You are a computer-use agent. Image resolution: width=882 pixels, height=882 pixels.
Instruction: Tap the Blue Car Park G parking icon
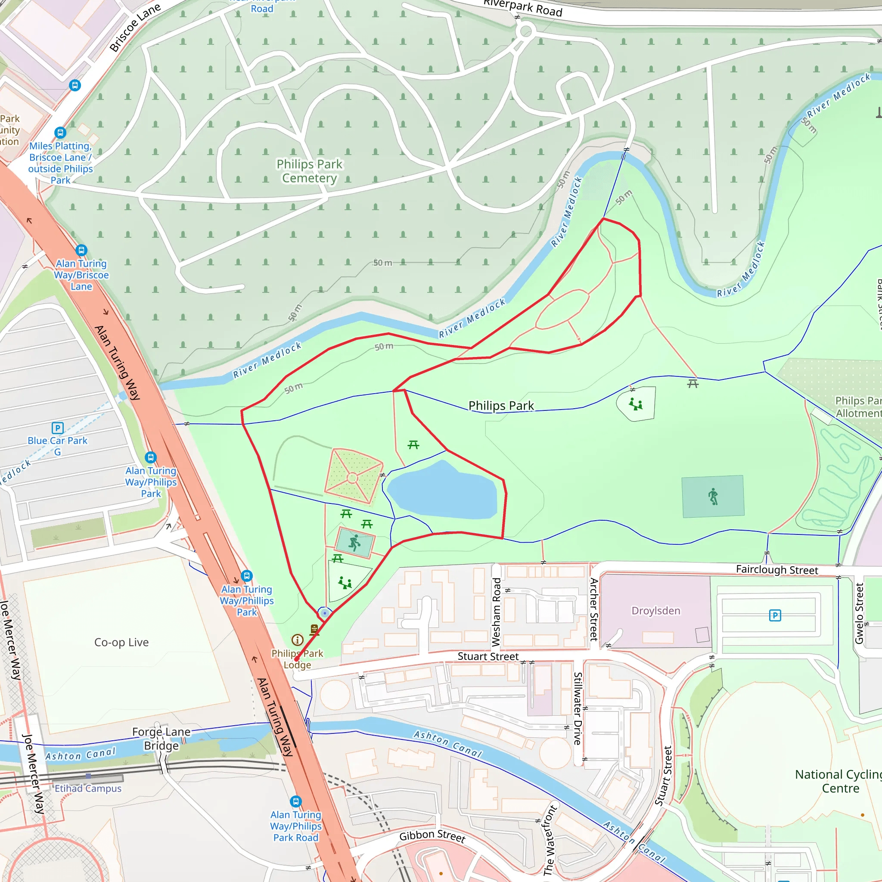pos(58,428)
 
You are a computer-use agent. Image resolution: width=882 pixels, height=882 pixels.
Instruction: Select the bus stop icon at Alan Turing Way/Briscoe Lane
pos(81,250)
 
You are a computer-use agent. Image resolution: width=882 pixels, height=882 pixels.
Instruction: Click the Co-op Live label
pos(121,642)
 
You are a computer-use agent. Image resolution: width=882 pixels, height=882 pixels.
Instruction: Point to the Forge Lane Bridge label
pos(161,739)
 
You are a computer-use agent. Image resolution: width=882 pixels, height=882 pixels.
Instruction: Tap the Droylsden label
pos(655,611)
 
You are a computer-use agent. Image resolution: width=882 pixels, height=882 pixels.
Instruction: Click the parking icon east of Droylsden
pos(775,615)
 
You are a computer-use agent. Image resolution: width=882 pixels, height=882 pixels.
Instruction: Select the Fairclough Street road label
pos(776,570)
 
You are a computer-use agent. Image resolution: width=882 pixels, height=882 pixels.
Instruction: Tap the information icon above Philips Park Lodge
pos(297,640)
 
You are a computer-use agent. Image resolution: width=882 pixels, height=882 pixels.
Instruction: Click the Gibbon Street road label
pos(432,836)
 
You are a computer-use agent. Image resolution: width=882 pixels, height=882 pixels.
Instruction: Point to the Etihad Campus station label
pos(88,789)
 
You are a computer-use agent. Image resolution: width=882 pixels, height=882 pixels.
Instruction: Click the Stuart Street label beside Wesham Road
pos(488,656)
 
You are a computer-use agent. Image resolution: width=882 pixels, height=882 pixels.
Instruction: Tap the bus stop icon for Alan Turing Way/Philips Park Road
pos(296,801)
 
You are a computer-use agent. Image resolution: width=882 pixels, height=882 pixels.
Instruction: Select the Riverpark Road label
pos(523,8)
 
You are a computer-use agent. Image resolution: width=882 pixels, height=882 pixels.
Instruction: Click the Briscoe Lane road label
pos(135,28)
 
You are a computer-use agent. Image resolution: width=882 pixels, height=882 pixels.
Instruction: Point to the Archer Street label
pos(593,609)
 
